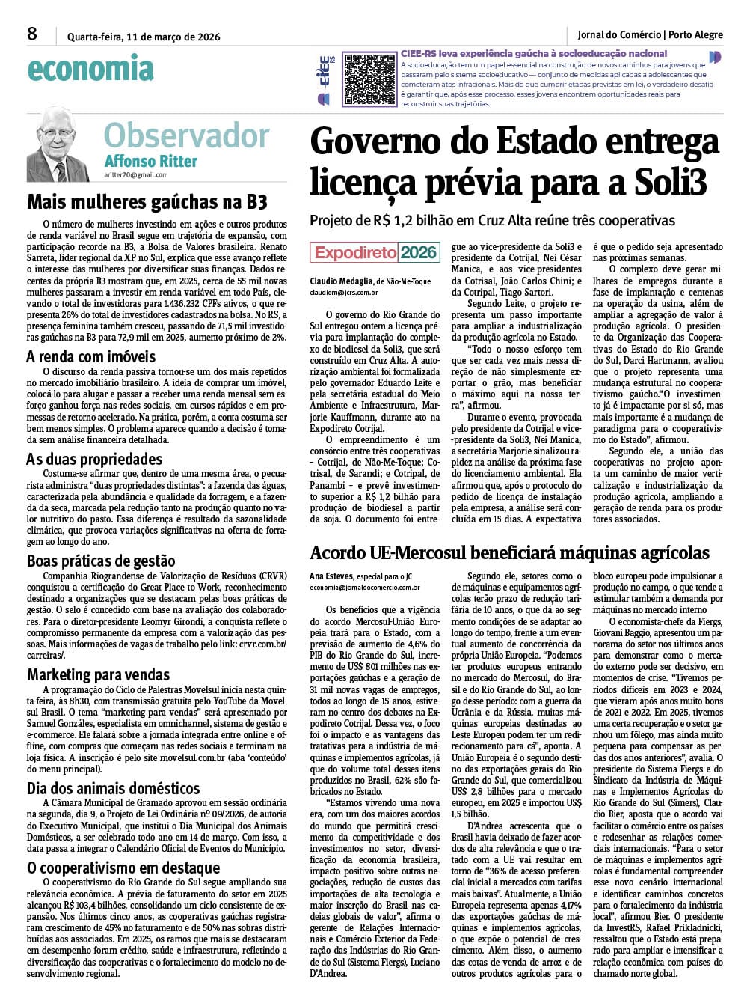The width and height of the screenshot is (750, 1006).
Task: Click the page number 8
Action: click(x=32, y=34)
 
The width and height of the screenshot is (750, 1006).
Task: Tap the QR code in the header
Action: click(x=369, y=79)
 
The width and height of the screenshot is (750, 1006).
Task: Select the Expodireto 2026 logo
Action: click(x=375, y=252)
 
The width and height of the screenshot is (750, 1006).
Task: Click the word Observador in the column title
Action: click(x=186, y=136)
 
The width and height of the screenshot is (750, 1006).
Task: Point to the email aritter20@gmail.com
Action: click(x=136, y=174)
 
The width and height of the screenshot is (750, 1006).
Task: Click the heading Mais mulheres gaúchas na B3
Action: click(x=147, y=202)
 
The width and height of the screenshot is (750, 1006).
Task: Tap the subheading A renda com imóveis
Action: click(x=90, y=356)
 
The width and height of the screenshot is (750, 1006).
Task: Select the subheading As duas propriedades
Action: click(x=94, y=459)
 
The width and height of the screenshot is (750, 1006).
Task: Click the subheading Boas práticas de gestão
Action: click(x=101, y=561)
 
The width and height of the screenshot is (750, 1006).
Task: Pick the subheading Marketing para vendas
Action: click(x=99, y=674)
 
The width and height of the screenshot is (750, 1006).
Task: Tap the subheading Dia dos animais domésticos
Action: click(x=114, y=788)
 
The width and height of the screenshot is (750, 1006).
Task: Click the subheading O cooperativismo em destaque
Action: click(x=123, y=868)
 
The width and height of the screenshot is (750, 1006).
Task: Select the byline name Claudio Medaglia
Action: click(x=341, y=281)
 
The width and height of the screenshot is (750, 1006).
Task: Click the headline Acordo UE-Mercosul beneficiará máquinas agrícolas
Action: click(x=509, y=552)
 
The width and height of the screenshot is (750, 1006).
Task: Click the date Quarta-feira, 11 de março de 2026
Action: click(x=144, y=37)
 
